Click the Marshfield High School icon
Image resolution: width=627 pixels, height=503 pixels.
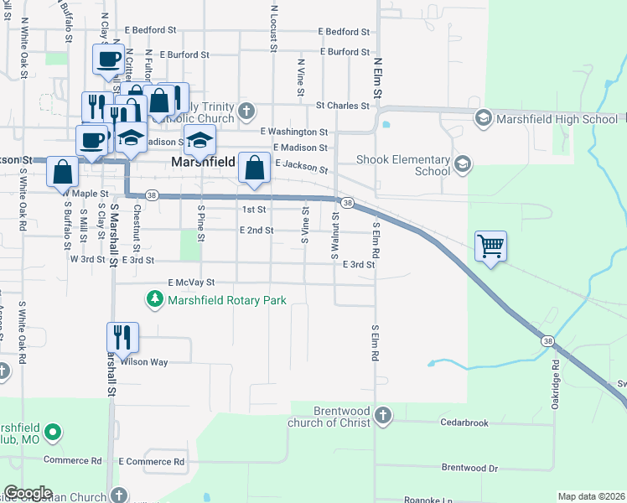tap(484, 119)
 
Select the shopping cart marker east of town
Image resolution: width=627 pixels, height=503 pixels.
tap(490, 247)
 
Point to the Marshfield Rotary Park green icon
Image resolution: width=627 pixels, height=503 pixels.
tap(155, 299)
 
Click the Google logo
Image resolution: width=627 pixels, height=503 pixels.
tap(28, 493)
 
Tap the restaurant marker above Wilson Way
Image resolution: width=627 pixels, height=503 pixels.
tap(122, 337)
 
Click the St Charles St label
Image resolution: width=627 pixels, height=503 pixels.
tap(342, 106)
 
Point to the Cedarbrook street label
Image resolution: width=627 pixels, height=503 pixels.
tap(464, 423)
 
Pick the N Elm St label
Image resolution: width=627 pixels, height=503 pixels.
tap(378, 76)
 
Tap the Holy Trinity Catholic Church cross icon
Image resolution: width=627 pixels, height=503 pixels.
tap(246, 111)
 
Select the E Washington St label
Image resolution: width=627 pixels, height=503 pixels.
tap(293, 132)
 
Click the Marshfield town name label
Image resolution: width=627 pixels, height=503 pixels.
tap(202, 162)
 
